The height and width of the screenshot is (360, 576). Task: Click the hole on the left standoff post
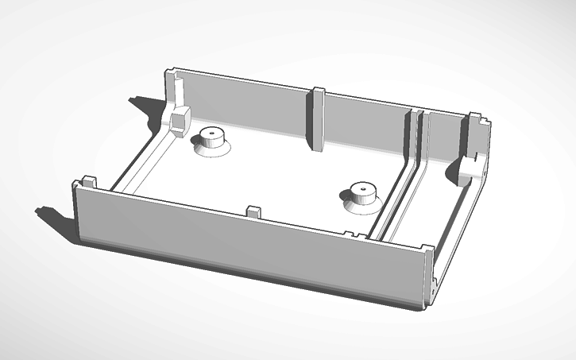(x=212, y=132)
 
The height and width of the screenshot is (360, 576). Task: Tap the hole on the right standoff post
(x=361, y=190)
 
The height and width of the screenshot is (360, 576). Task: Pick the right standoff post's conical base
(x=361, y=205)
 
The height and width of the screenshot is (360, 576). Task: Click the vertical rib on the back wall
(x=317, y=119)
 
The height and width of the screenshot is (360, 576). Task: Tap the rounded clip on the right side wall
(x=468, y=168)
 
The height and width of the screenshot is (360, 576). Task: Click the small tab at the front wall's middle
(x=254, y=213)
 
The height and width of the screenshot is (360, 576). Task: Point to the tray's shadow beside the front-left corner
(x=56, y=219)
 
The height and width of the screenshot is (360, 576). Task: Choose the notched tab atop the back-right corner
(x=475, y=121)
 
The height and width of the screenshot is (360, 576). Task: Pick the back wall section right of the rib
(x=365, y=131)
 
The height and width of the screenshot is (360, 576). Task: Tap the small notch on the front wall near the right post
(x=350, y=233)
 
